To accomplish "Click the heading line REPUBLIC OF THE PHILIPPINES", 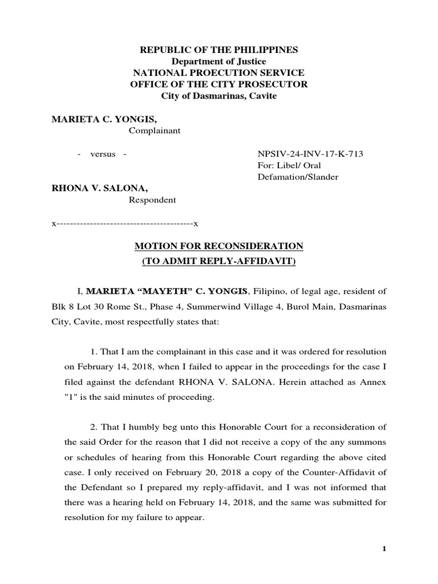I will coord(219,50).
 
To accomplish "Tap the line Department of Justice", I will coord(219,62).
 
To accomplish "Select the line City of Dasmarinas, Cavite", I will coord(219,96).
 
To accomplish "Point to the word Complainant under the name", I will coord(155,131).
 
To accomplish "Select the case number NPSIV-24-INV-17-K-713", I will coord(311,154).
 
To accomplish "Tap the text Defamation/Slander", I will coord(298,177).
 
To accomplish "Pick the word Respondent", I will coord(151,200).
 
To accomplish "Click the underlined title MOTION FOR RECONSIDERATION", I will coord(219,246).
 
